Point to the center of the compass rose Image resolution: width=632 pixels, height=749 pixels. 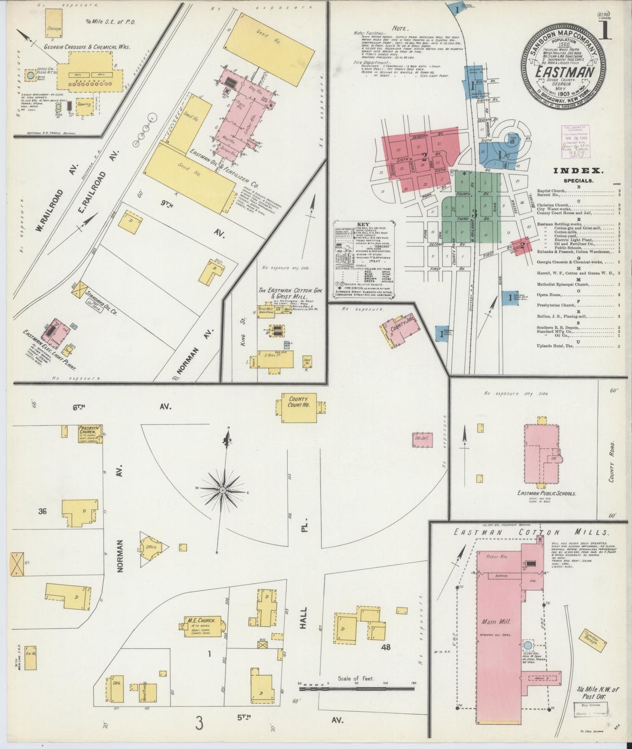[x=223, y=491]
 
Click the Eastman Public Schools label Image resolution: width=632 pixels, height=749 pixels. [x=547, y=493]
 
